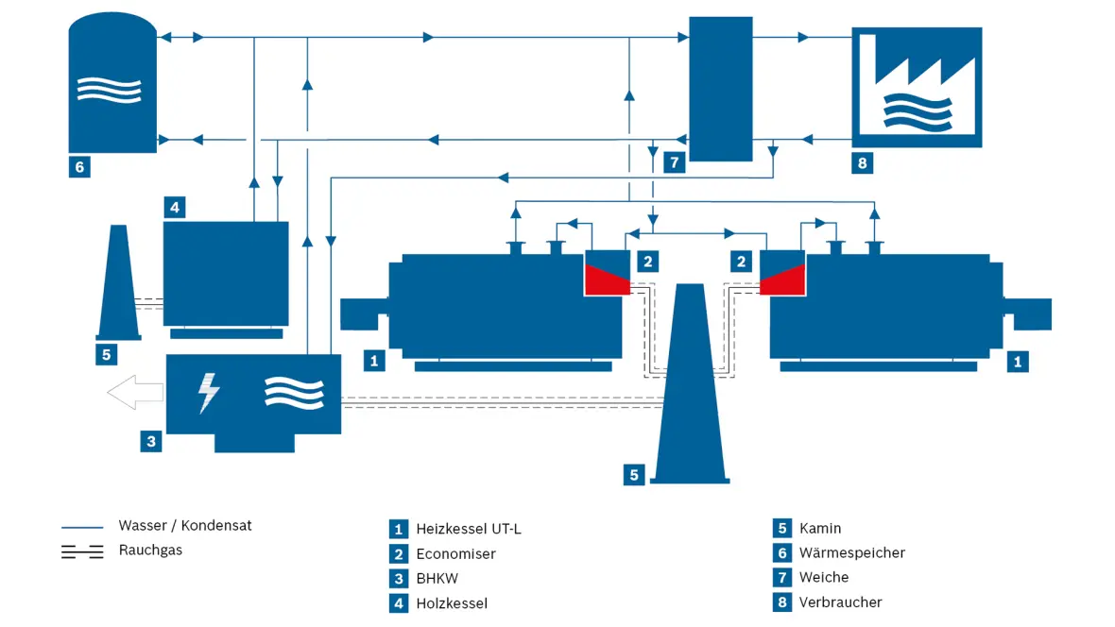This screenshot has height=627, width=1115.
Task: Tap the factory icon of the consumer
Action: pos(917,88)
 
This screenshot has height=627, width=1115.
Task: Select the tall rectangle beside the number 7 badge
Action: pos(720,89)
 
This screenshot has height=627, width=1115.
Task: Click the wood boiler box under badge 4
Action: pos(226,274)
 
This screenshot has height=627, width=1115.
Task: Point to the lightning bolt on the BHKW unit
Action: pos(208,393)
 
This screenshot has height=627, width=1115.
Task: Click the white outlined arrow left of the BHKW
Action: pos(135,393)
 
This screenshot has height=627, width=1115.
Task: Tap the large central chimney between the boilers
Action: pos(690,384)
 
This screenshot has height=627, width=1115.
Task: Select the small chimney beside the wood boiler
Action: pos(118,282)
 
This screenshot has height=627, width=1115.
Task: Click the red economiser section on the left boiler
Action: pos(608,280)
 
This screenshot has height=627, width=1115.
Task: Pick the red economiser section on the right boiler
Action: pos(782,280)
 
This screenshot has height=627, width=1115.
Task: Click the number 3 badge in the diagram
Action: pos(151,442)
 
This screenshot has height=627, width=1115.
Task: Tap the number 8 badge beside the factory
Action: pos(863,163)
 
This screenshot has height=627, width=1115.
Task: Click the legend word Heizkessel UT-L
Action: pos(469,529)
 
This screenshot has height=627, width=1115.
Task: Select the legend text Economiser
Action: pos(455,553)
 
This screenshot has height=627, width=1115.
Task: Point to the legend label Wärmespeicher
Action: pos(852,552)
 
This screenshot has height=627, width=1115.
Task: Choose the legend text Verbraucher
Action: pos(841,602)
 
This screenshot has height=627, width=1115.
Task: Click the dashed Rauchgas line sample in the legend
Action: pos(82,551)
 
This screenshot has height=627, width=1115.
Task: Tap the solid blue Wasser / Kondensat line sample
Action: pos(82,528)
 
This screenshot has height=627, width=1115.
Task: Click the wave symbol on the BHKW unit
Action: pos(295,393)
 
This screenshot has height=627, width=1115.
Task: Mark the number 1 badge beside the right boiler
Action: pos(1018,362)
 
